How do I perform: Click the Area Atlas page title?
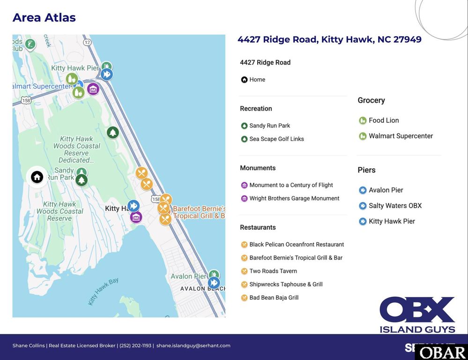click(44, 18)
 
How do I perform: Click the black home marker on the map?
click(37, 177)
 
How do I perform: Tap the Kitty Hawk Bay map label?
click(103, 291)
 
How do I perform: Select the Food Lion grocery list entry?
click(383, 120)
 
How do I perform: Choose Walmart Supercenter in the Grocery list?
click(401, 136)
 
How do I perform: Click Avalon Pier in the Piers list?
click(386, 190)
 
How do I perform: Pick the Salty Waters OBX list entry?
click(395, 206)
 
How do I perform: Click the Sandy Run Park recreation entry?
click(269, 126)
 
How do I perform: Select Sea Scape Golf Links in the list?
click(276, 139)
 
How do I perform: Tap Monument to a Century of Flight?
click(291, 185)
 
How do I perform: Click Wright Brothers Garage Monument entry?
click(294, 198)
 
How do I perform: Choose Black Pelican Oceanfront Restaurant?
click(297, 244)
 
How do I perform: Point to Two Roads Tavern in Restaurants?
click(273, 271)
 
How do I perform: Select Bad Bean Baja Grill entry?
click(274, 298)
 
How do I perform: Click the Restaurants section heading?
click(258, 227)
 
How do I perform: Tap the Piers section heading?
click(366, 170)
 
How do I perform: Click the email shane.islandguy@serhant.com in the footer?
click(193, 345)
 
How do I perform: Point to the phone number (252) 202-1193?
click(135, 345)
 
